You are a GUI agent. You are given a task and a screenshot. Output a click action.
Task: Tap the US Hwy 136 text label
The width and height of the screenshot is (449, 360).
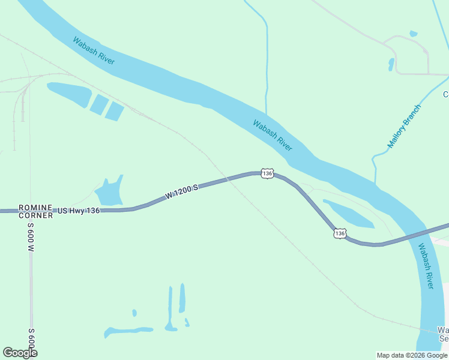click(78, 211)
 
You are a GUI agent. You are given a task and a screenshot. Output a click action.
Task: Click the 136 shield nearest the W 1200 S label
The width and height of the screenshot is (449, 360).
click(267, 173)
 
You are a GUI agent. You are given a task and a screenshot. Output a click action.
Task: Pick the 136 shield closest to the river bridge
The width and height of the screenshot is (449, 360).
click(340, 233)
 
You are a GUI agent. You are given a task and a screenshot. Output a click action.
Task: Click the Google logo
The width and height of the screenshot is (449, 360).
click(20, 353)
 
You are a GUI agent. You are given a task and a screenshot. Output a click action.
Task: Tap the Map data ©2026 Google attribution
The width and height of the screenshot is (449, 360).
click(412, 355)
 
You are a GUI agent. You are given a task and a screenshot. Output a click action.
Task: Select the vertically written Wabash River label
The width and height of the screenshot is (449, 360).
click(426, 266)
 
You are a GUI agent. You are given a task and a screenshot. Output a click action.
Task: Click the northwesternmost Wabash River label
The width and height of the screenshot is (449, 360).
click(94, 51)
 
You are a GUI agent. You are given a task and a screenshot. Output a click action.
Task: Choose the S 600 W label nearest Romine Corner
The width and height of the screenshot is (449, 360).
click(31, 237)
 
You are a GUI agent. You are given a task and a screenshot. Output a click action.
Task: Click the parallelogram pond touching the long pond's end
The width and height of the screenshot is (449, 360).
click(99, 104)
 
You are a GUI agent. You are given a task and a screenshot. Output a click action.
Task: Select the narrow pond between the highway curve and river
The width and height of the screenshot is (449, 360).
click(348, 214)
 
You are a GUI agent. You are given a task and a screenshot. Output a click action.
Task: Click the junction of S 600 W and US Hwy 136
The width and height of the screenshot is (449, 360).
click(30, 211)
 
